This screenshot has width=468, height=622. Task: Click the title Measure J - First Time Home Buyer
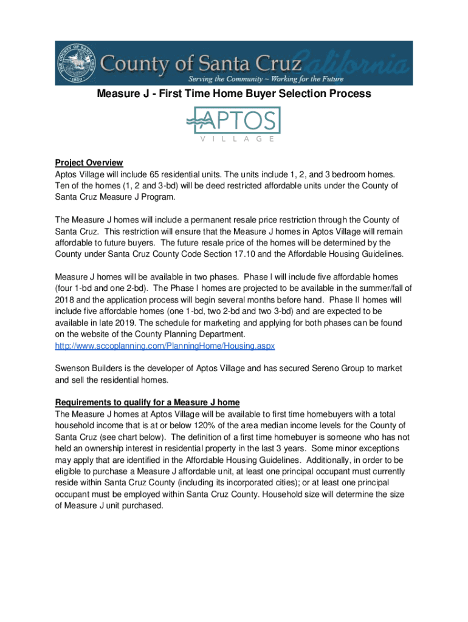tap(234, 94)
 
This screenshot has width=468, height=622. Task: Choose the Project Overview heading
tap(89, 163)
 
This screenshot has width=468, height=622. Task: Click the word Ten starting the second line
tap(63, 185)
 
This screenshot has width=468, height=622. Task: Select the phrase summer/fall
tap(376, 287)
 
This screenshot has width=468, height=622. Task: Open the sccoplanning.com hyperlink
tap(165, 345)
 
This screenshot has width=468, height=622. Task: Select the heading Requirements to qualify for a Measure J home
tap(147, 403)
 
